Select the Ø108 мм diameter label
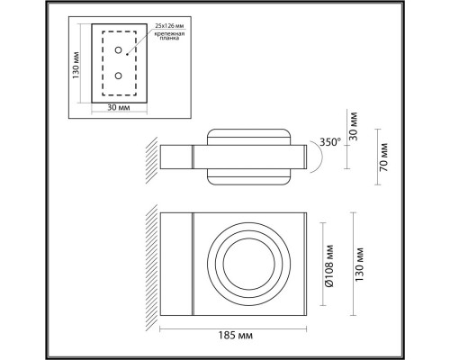coord(331,267)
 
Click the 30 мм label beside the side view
coord(355,126)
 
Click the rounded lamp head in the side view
coord(249,158)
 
